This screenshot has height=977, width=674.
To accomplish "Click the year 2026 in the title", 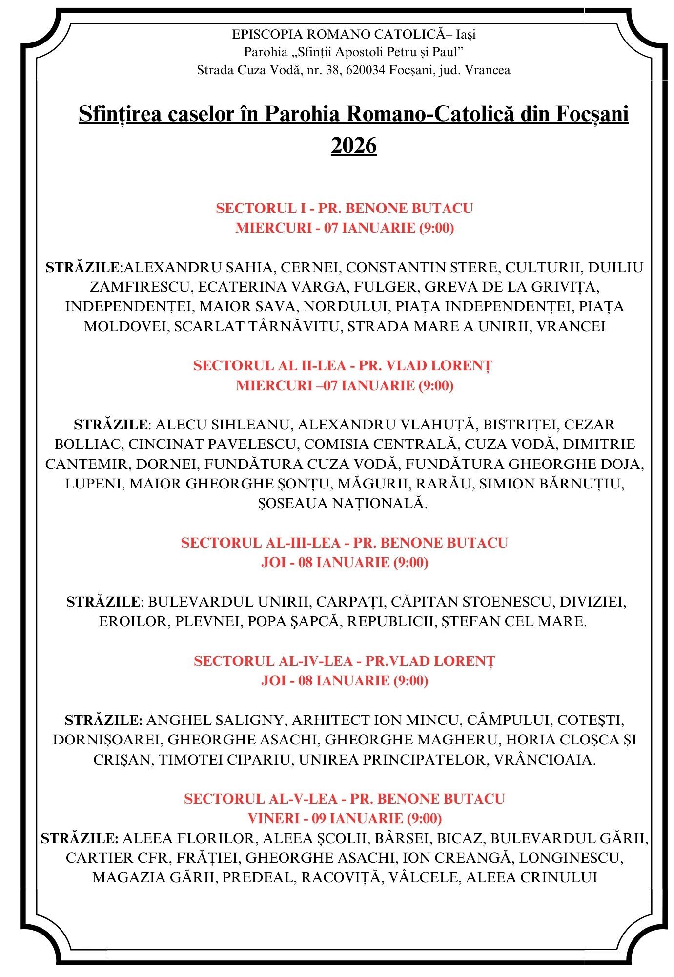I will point(354,146).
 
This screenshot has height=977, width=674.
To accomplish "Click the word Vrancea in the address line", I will point(488,70).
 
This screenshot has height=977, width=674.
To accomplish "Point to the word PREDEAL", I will point(258,877).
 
